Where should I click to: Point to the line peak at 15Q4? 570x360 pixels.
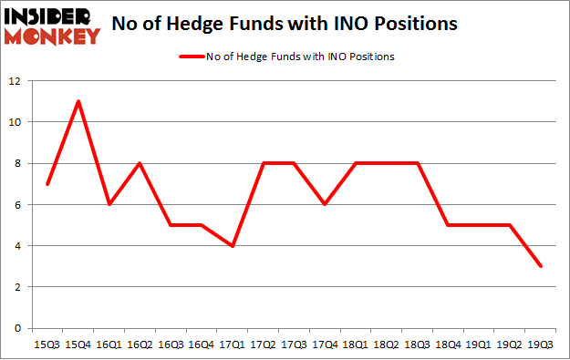pyautogui.click(x=78, y=101)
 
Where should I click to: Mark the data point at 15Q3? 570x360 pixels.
pyautogui.click(x=48, y=183)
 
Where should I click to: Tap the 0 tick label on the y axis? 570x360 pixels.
pyautogui.click(x=16, y=328)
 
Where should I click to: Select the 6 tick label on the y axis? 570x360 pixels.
pyautogui.click(x=16, y=204)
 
